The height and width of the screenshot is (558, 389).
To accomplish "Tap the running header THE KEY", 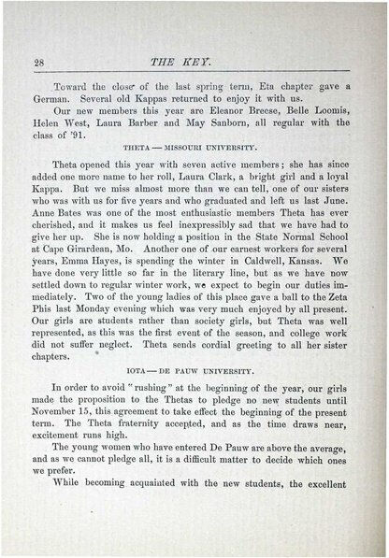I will pyautogui.click(x=192, y=61).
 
